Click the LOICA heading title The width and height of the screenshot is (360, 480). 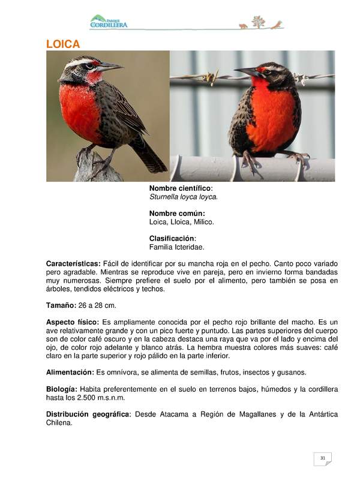[64, 44]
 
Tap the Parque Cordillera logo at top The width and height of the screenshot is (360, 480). [109, 22]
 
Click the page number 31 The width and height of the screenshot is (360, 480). [322, 458]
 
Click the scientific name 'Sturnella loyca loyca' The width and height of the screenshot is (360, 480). [183, 197]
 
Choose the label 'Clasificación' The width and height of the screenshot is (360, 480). [172, 238]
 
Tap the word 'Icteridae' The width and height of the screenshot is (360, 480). [189, 247]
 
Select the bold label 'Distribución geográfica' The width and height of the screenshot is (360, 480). [88, 414]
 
